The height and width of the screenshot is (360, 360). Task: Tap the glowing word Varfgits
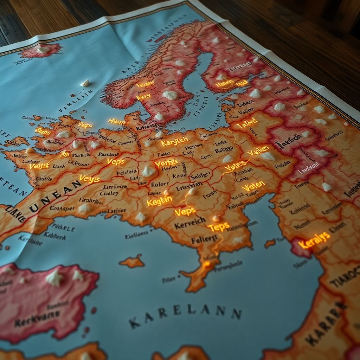166,163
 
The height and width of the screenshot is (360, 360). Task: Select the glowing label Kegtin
160,201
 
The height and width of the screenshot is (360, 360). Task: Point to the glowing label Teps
219,227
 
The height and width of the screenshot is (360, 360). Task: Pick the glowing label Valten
253,186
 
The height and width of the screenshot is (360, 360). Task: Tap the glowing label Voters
235,166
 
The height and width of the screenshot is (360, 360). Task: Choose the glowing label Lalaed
247,123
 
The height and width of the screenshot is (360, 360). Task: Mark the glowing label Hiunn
117,122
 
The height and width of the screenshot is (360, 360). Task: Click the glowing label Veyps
90,179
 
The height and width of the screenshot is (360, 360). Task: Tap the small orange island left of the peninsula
132,262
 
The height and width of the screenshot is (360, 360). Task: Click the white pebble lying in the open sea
85,83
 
